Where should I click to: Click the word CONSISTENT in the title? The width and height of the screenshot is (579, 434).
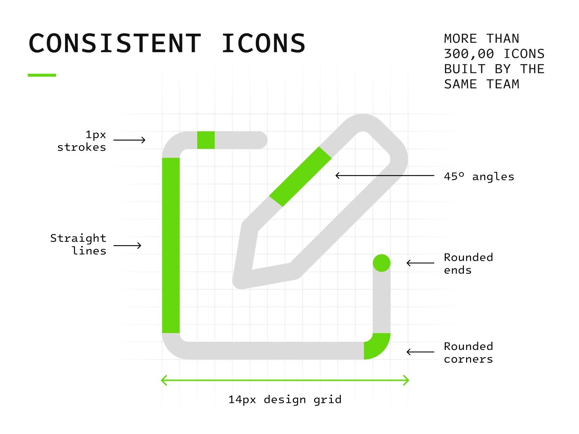click(115, 43)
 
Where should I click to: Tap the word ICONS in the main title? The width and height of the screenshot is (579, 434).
click(263, 43)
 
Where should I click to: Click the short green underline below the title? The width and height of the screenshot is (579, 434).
click(42, 75)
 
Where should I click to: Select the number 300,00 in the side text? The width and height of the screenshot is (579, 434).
click(469, 54)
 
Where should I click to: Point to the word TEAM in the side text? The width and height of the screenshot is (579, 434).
click(503, 84)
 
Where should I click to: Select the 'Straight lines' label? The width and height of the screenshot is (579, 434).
click(79, 244)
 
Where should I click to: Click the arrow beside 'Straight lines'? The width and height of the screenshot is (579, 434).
click(127, 246)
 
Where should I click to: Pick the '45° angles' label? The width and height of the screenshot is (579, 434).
click(479, 176)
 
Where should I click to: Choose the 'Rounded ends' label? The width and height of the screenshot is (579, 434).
click(468, 264)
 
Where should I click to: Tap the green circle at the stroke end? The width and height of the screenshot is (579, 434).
click(381, 263)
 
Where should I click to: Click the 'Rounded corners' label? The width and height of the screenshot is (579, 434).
click(468, 353)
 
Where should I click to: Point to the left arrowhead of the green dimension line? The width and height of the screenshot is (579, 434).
click(164, 380)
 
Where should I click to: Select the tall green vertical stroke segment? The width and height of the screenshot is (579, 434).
click(171, 245)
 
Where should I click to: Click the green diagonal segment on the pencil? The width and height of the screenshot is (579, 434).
click(300, 176)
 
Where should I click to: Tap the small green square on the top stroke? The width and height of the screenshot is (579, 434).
click(206, 140)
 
